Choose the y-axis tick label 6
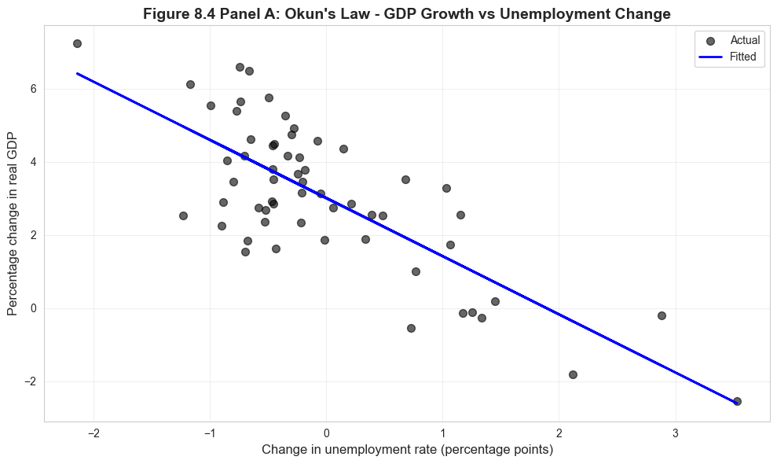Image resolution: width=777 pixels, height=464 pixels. point(32,89)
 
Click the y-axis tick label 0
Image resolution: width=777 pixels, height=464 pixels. point(32,308)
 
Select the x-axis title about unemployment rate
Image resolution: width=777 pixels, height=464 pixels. point(407,450)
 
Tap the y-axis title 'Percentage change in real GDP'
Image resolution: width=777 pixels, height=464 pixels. point(13,235)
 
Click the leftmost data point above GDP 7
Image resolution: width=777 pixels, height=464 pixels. point(77,43)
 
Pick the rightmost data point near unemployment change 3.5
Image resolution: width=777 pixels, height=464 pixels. point(737,401)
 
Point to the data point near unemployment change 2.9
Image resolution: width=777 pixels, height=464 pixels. point(662,315)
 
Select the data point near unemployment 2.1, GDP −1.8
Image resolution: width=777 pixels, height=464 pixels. point(573,374)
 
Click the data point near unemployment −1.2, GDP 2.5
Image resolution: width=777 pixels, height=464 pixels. point(183,215)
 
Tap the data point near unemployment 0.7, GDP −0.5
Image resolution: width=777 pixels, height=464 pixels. point(411,328)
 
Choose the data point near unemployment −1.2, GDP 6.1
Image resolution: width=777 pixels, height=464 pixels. point(190,84)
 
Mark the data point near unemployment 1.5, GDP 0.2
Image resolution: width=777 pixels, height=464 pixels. point(495,301)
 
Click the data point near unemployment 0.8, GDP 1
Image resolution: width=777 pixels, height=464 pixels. point(416,271)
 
